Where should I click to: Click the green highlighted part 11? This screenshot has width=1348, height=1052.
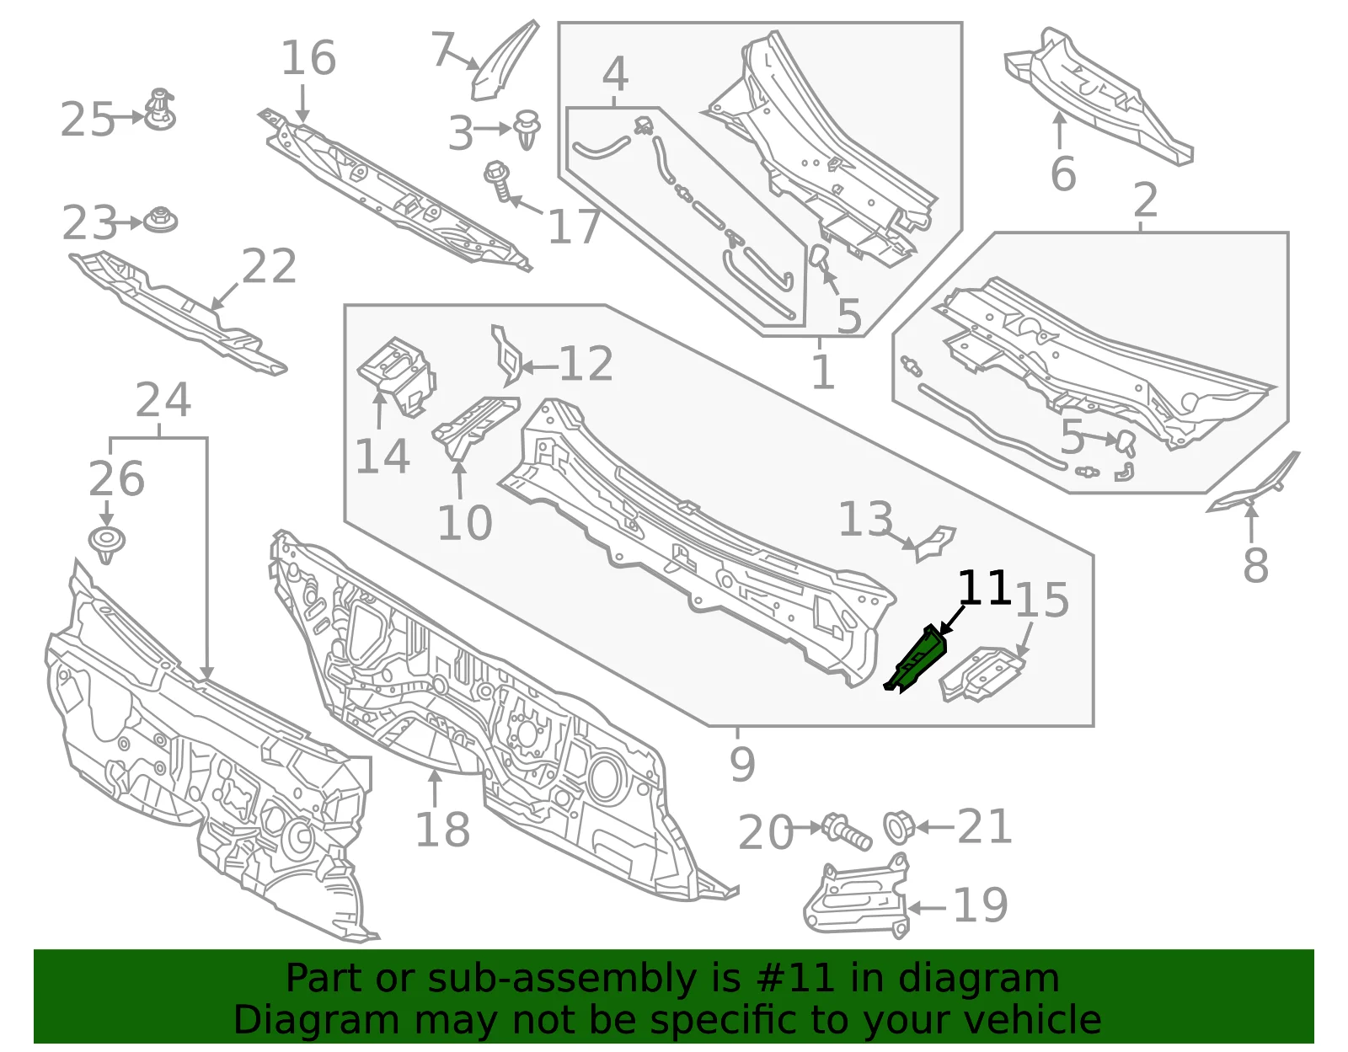(916, 661)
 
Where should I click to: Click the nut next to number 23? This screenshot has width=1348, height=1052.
(161, 220)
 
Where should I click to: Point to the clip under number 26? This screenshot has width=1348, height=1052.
(107, 544)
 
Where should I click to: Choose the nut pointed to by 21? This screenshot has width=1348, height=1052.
(899, 827)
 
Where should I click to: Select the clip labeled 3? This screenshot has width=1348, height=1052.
(527, 130)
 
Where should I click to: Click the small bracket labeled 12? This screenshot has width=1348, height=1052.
(507, 355)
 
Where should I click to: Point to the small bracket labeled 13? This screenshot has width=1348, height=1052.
(935, 543)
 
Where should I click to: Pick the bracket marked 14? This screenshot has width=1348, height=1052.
(397, 375)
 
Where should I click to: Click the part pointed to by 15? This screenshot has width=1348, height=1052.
(982, 675)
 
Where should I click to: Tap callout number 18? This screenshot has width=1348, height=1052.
(442, 830)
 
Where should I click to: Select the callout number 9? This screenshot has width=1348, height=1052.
(742, 764)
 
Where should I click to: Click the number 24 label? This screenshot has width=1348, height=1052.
(163, 400)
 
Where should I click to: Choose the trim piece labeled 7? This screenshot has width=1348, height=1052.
(504, 60)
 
